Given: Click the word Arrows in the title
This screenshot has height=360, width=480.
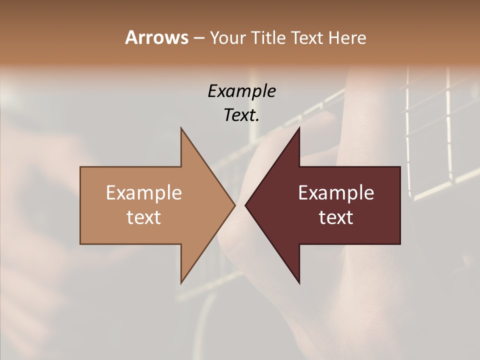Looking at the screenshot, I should (156, 37).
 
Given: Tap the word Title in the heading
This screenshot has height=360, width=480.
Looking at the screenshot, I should (268, 37).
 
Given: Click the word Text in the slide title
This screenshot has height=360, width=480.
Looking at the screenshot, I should (308, 37).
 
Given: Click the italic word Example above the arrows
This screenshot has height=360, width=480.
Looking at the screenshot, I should (241, 91).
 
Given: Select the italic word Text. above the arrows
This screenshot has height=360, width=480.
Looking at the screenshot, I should (241, 115).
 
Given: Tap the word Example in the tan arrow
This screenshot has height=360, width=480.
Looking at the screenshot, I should (143, 193).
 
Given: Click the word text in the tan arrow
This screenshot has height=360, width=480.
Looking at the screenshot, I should (143, 217).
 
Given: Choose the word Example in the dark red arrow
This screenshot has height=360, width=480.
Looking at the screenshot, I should (336, 193).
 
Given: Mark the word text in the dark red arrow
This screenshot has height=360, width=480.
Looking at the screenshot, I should (336, 217).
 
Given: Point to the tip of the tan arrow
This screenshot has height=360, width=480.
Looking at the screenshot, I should (235, 205).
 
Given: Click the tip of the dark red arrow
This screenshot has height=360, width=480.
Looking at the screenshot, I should (245, 205).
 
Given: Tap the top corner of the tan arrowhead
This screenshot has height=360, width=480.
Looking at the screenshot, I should (181, 127).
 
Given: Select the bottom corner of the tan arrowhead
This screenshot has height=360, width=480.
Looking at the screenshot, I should (181, 283).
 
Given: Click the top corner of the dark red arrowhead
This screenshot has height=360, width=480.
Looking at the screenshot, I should (299, 127).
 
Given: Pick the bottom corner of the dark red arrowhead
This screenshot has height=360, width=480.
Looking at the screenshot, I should (299, 283).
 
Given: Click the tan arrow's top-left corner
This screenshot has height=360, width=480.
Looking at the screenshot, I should (80, 167).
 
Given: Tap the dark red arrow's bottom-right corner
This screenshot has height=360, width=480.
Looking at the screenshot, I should (400, 244).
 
